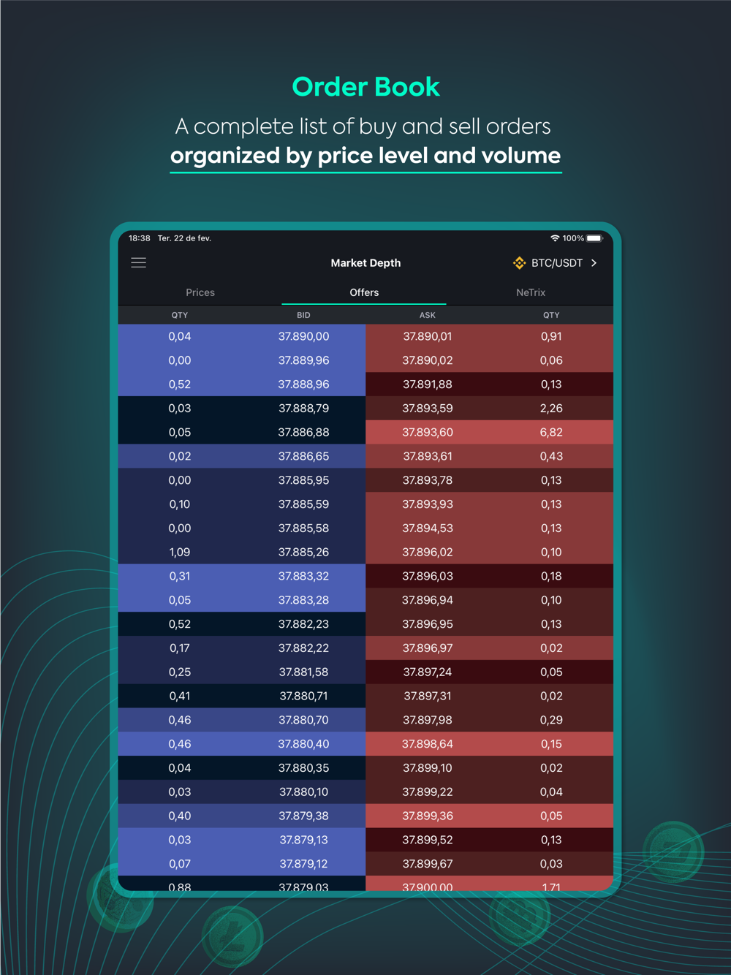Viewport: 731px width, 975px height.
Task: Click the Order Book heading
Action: point(365,87)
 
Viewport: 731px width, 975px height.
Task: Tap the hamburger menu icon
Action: point(138,262)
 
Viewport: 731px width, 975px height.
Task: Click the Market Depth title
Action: point(365,263)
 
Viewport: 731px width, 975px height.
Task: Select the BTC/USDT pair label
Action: point(556,263)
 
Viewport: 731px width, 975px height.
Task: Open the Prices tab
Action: point(200,292)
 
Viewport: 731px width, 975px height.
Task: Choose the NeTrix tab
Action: point(531,292)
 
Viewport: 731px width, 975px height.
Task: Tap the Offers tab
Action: point(364,292)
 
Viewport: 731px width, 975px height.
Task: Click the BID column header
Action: point(303,315)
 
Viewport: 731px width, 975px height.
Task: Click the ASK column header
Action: point(428,315)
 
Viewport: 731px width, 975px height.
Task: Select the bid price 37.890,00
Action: point(303,336)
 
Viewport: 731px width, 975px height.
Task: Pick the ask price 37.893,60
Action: point(428,432)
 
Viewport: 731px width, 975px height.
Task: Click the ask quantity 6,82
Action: point(551,432)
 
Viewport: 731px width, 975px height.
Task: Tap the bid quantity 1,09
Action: point(180,552)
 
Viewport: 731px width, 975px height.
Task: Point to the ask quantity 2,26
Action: point(551,408)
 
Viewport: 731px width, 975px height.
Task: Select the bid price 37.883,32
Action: point(303,576)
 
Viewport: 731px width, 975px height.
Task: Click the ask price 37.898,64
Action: point(428,744)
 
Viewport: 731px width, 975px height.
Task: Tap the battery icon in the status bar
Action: point(594,238)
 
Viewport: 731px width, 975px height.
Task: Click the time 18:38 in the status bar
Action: point(140,238)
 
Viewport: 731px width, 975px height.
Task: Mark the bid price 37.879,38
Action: point(303,816)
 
